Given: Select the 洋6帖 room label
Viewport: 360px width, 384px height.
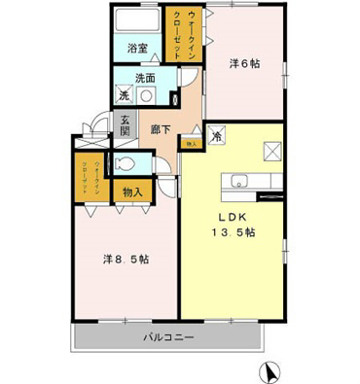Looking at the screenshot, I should (244, 64).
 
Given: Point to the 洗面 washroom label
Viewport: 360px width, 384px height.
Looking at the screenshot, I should (146, 78).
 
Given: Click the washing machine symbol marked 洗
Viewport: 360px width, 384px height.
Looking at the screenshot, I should (125, 94).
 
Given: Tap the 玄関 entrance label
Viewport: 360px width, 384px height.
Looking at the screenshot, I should (125, 124).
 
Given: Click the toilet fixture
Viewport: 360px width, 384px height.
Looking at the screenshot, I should (126, 163).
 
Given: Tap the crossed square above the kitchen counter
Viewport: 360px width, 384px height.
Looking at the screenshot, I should (270, 151).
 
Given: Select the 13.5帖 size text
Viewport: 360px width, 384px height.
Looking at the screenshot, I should (234, 233).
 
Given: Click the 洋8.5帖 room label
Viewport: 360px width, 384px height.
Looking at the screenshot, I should (126, 260).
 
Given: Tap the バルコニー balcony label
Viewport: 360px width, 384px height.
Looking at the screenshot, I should (169, 337).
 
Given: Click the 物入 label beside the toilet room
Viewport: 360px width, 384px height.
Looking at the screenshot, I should (132, 192).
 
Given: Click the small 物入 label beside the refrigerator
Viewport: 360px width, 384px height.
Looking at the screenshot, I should (191, 143).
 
